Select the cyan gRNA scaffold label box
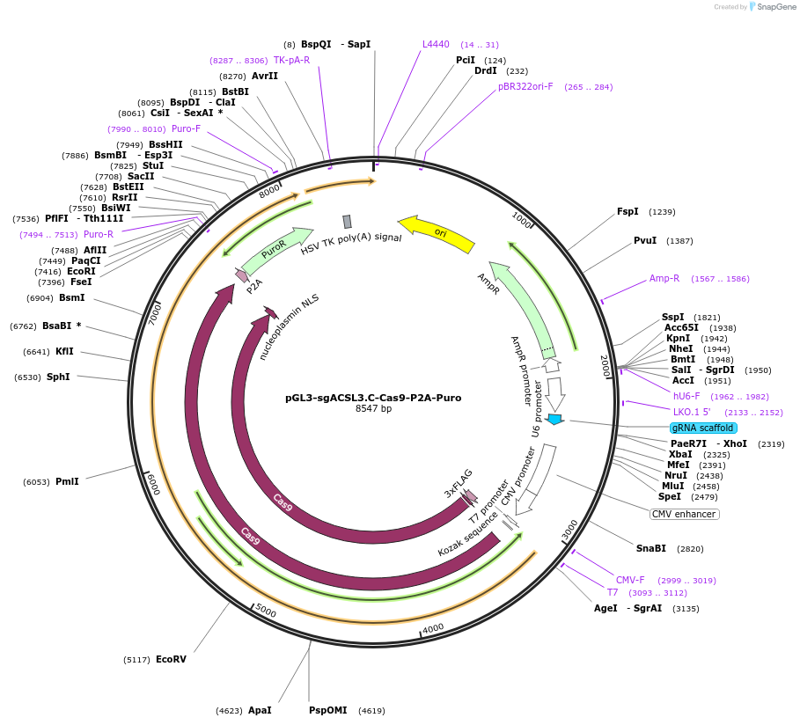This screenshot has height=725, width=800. coord(702,428)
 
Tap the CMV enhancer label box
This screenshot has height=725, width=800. coord(684,514)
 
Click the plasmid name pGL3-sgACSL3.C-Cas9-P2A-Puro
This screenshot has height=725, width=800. coord(373,398)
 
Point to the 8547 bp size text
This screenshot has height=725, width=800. coord(373,409)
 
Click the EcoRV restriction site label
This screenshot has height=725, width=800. coord(171,659)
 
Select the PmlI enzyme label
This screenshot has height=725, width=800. coord(67,481)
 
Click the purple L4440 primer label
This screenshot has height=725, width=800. coord(436,44)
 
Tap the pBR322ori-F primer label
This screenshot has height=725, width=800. coord(525,86)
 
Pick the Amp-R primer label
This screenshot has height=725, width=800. coord(664,278)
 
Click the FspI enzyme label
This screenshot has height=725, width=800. coord(628,211)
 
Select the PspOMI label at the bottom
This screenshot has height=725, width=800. coord(327,710)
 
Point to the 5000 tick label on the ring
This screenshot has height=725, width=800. coord(265,611)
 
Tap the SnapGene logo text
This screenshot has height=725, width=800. coord(775,7)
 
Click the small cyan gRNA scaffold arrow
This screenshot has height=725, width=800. coord(554,419)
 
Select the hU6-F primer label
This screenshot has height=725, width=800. coord(686,396)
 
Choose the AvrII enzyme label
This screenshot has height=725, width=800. coord(264,76)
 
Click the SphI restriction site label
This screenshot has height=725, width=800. coord(58,377)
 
